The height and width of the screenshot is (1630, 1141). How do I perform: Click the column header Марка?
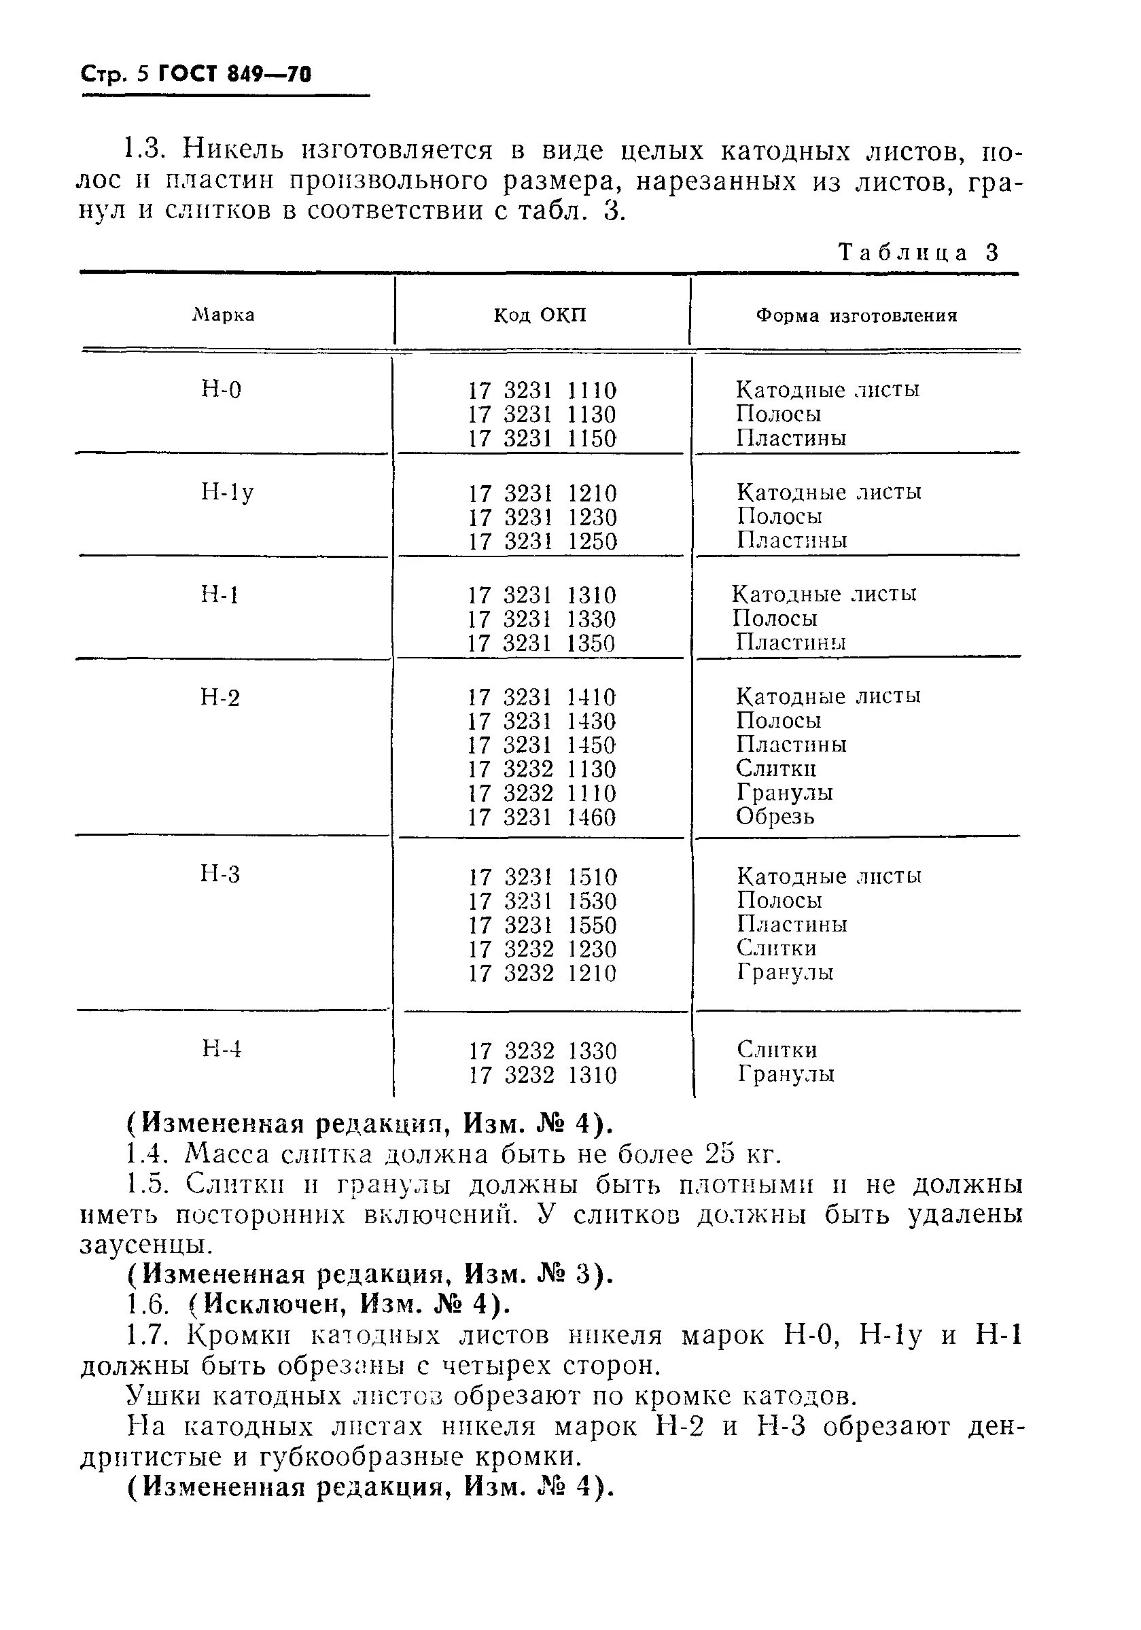(224, 315)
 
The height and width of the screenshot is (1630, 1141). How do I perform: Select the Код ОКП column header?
(540, 315)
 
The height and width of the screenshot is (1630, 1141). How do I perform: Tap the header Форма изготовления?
(856, 315)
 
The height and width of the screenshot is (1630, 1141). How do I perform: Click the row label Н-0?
(222, 390)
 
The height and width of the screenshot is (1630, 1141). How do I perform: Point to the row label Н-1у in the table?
(227, 492)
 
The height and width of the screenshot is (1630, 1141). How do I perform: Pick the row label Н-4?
(222, 1048)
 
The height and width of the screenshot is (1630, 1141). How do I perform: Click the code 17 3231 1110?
(542, 391)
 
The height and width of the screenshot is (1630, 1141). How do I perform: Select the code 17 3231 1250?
(542, 542)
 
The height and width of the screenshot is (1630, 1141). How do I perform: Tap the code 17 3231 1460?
(542, 817)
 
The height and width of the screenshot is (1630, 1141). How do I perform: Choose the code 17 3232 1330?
(542, 1050)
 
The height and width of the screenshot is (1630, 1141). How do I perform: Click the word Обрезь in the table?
(775, 817)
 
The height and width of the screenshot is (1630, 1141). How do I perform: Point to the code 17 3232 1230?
(542, 949)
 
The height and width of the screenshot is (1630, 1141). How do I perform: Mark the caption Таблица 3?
(919, 253)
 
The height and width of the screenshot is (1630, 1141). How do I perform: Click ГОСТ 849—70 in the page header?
(234, 75)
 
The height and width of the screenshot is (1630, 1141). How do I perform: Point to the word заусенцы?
(145, 1245)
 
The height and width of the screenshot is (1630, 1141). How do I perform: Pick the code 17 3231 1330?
(542, 619)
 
